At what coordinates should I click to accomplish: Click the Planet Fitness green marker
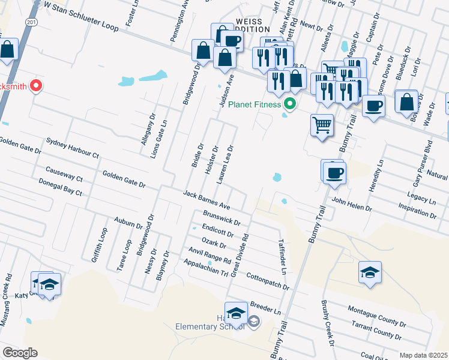coord(291,104)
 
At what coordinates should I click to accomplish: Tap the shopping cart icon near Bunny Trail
coord(322,126)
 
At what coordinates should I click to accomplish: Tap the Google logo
coord(20,353)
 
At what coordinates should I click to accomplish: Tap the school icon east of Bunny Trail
coord(370,272)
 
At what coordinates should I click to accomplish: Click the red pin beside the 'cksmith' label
coord(35,86)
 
